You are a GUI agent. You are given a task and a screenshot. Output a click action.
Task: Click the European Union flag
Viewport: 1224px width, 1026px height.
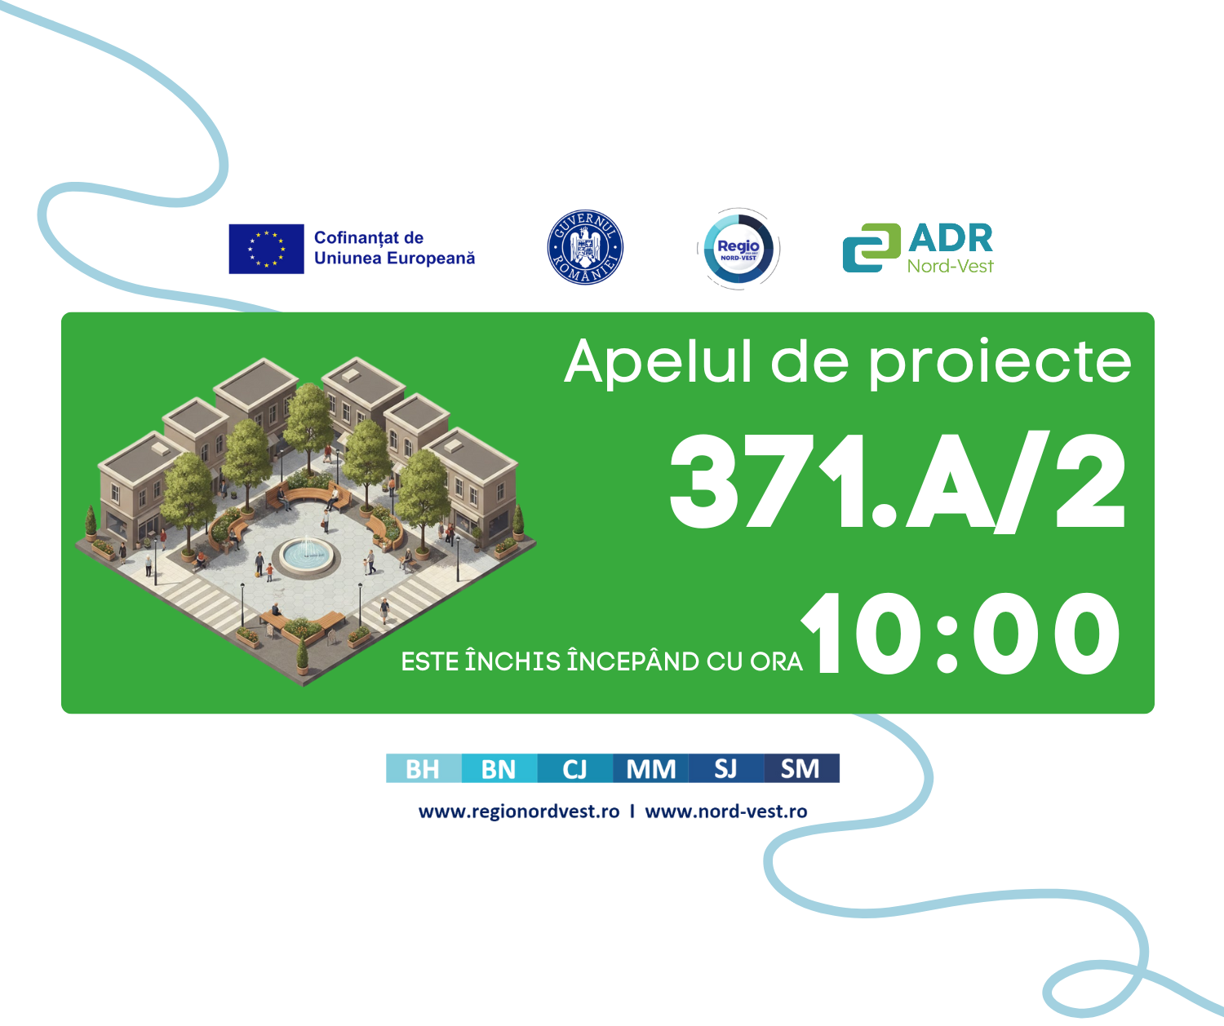pos(266,249)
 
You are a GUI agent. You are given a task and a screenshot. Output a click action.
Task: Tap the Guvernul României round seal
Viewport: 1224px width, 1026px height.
pos(585,247)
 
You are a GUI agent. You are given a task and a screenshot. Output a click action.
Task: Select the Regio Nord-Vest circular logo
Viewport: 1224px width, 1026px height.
pos(738,249)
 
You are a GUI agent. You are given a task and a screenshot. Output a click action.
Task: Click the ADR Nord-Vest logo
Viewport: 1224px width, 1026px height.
pos(918,248)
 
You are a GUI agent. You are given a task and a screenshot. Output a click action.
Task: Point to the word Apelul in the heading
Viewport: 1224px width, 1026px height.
pos(658,361)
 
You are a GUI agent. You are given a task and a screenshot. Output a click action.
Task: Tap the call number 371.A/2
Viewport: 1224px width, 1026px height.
pos(897,482)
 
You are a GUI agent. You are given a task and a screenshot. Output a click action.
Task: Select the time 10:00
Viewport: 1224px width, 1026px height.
pos(960,633)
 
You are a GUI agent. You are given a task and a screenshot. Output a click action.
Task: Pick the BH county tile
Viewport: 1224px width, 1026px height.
pos(424,768)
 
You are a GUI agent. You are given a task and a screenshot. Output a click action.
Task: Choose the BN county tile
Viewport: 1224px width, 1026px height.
pos(499,768)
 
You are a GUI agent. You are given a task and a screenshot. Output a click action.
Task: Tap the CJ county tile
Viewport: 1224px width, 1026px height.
pos(575,768)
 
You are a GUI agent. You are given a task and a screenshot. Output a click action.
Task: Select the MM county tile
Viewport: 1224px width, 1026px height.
pos(650,768)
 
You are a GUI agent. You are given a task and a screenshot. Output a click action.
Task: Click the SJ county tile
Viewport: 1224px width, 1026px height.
pos(726,768)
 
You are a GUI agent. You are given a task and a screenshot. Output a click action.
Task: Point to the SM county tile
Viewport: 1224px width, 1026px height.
pos(802,768)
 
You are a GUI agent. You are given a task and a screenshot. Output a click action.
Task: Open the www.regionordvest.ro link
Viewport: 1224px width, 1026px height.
pos(519,812)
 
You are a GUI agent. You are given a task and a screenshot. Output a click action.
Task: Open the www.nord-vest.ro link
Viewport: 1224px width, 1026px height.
pos(726,812)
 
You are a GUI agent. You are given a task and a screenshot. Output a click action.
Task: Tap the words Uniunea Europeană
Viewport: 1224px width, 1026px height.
pos(394,259)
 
